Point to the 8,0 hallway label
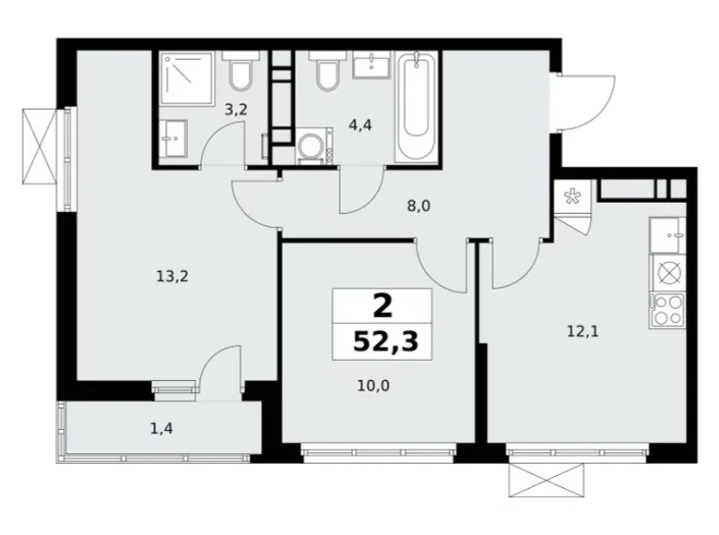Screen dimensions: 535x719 coord(419,208)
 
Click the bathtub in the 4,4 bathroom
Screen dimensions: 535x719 coord(416,108)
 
